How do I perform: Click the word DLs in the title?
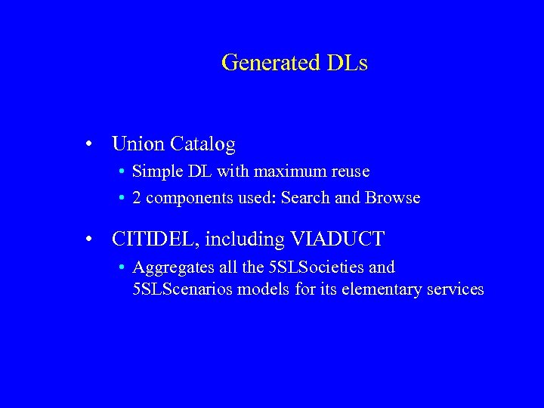(348, 63)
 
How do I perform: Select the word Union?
(138, 143)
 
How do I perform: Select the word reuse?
(348, 172)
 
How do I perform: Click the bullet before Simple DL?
(122, 172)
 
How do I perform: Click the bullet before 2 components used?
(122, 198)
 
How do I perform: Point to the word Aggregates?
(170, 267)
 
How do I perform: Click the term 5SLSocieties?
(318, 267)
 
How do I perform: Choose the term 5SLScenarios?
(182, 289)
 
